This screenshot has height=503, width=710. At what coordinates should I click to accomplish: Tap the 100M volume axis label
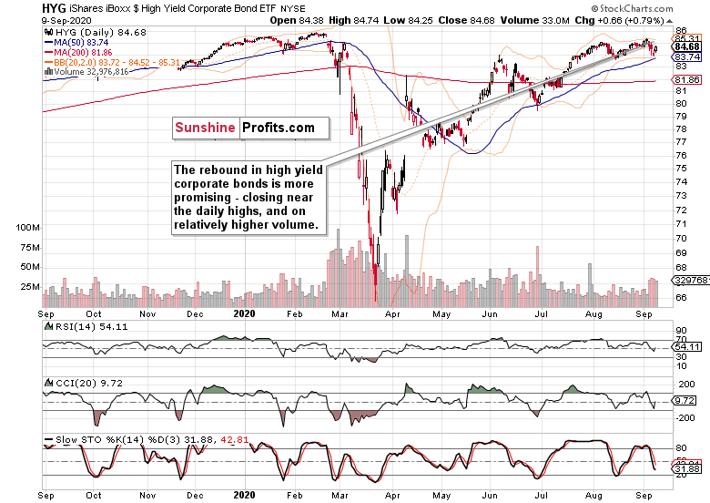(x=27, y=227)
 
